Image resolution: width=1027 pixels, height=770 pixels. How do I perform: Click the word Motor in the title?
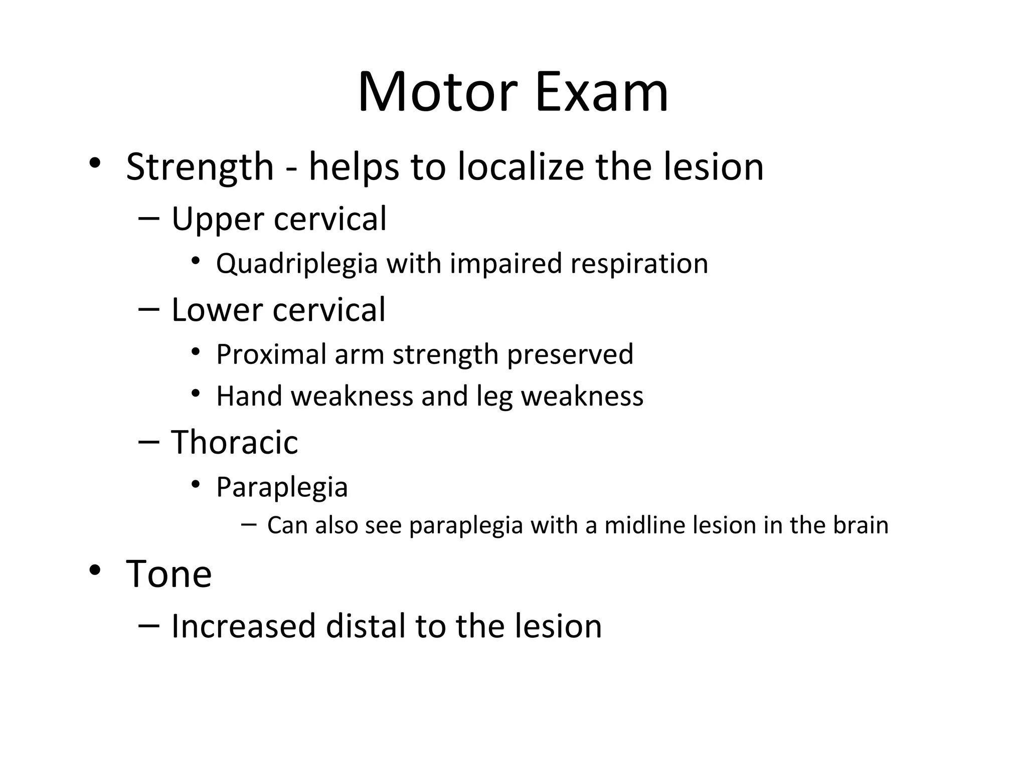(437, 93)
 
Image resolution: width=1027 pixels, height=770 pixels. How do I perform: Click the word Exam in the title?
(602, 93)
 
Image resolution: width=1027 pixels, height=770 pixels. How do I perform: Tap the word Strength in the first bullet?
(200, 167)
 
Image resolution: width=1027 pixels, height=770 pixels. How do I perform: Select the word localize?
(521, 167)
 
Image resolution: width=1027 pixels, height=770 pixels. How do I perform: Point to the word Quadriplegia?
(296, 264)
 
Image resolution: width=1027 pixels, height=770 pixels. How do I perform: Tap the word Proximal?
(271, 354)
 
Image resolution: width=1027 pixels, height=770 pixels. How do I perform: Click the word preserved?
(570, 354)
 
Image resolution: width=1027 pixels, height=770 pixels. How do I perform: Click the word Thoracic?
(235, 443)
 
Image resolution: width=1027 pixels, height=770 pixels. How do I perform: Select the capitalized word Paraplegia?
(282, 487)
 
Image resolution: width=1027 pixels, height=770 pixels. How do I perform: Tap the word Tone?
(169, 574)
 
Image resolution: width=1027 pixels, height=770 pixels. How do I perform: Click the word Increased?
(244, 627)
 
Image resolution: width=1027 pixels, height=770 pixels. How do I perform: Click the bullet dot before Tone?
(95, 570)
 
